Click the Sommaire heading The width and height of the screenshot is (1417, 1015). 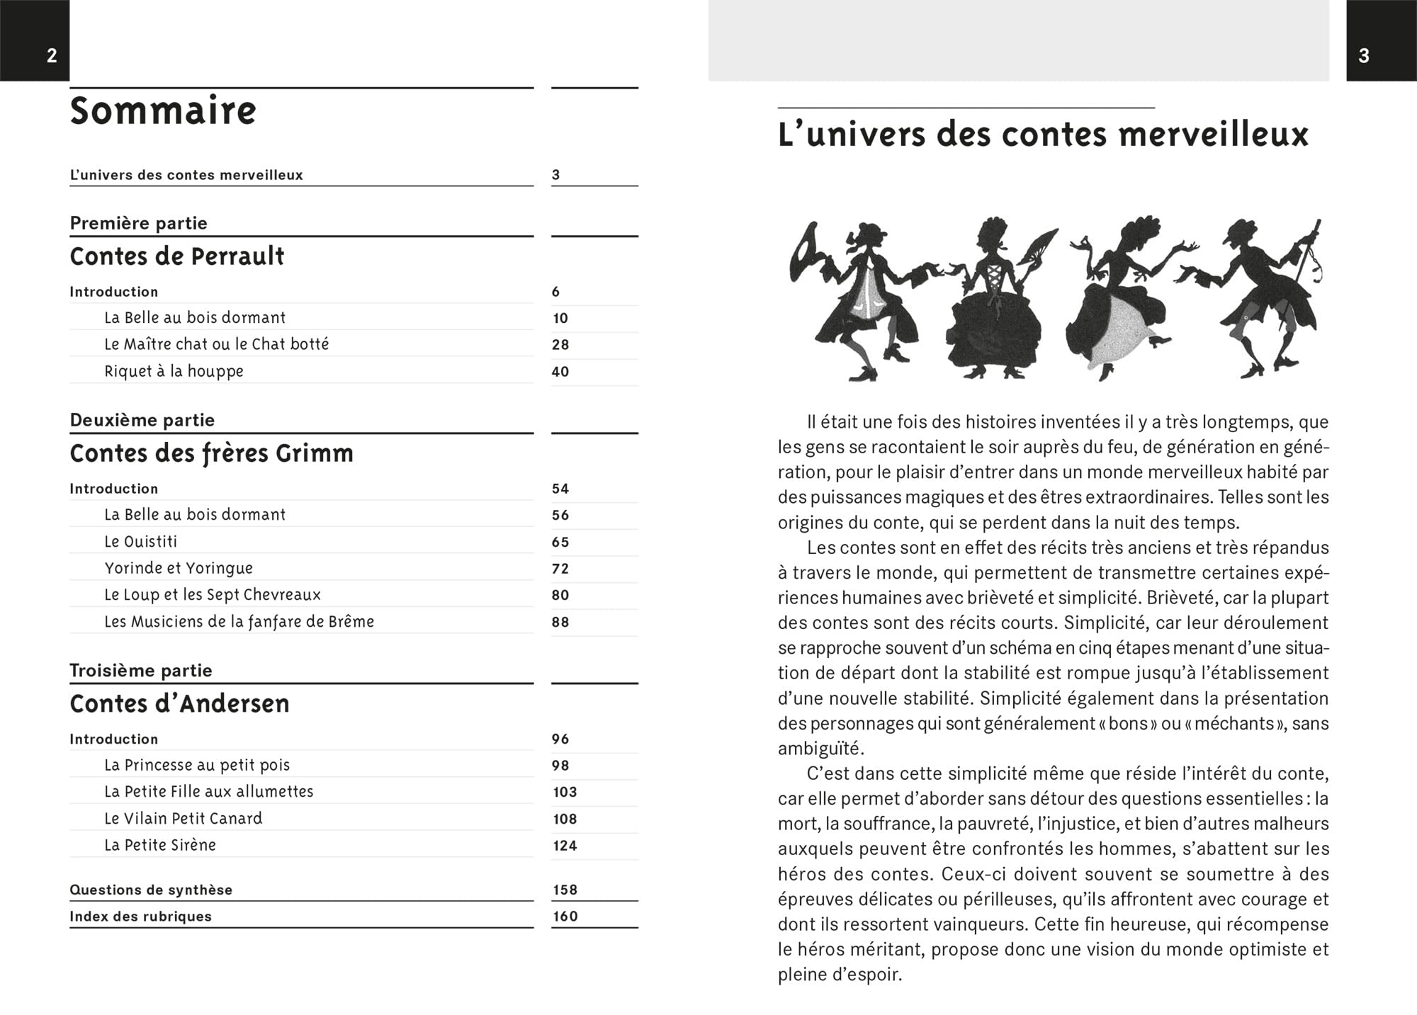[x=163, y=111]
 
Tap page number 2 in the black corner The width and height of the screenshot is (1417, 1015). [x=52, y=56]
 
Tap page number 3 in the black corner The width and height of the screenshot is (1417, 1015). [x=1364, y=56]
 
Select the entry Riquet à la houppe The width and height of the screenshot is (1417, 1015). [x=174, y=371]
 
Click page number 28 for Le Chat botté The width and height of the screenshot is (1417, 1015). [x=560, y=345]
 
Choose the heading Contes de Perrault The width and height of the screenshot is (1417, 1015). [x=176, y=256]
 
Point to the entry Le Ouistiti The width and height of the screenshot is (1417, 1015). [x=140, y=542]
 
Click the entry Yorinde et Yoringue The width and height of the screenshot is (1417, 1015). [x=179, y=568]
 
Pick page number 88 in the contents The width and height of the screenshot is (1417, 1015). [x=560, y=622]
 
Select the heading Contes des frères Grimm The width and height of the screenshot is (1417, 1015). [x=211, y=453]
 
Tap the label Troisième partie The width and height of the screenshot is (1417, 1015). [x=140, y=670]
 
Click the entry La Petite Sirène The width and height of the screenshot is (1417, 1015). [x=159, y=845]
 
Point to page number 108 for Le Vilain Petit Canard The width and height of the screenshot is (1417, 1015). [x=565, y=819]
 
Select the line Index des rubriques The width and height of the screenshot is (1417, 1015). [x=140, y=916]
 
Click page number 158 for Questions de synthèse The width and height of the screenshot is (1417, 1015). [x=565, y=890]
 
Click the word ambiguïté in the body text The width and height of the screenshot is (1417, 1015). [x=820, y=749]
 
